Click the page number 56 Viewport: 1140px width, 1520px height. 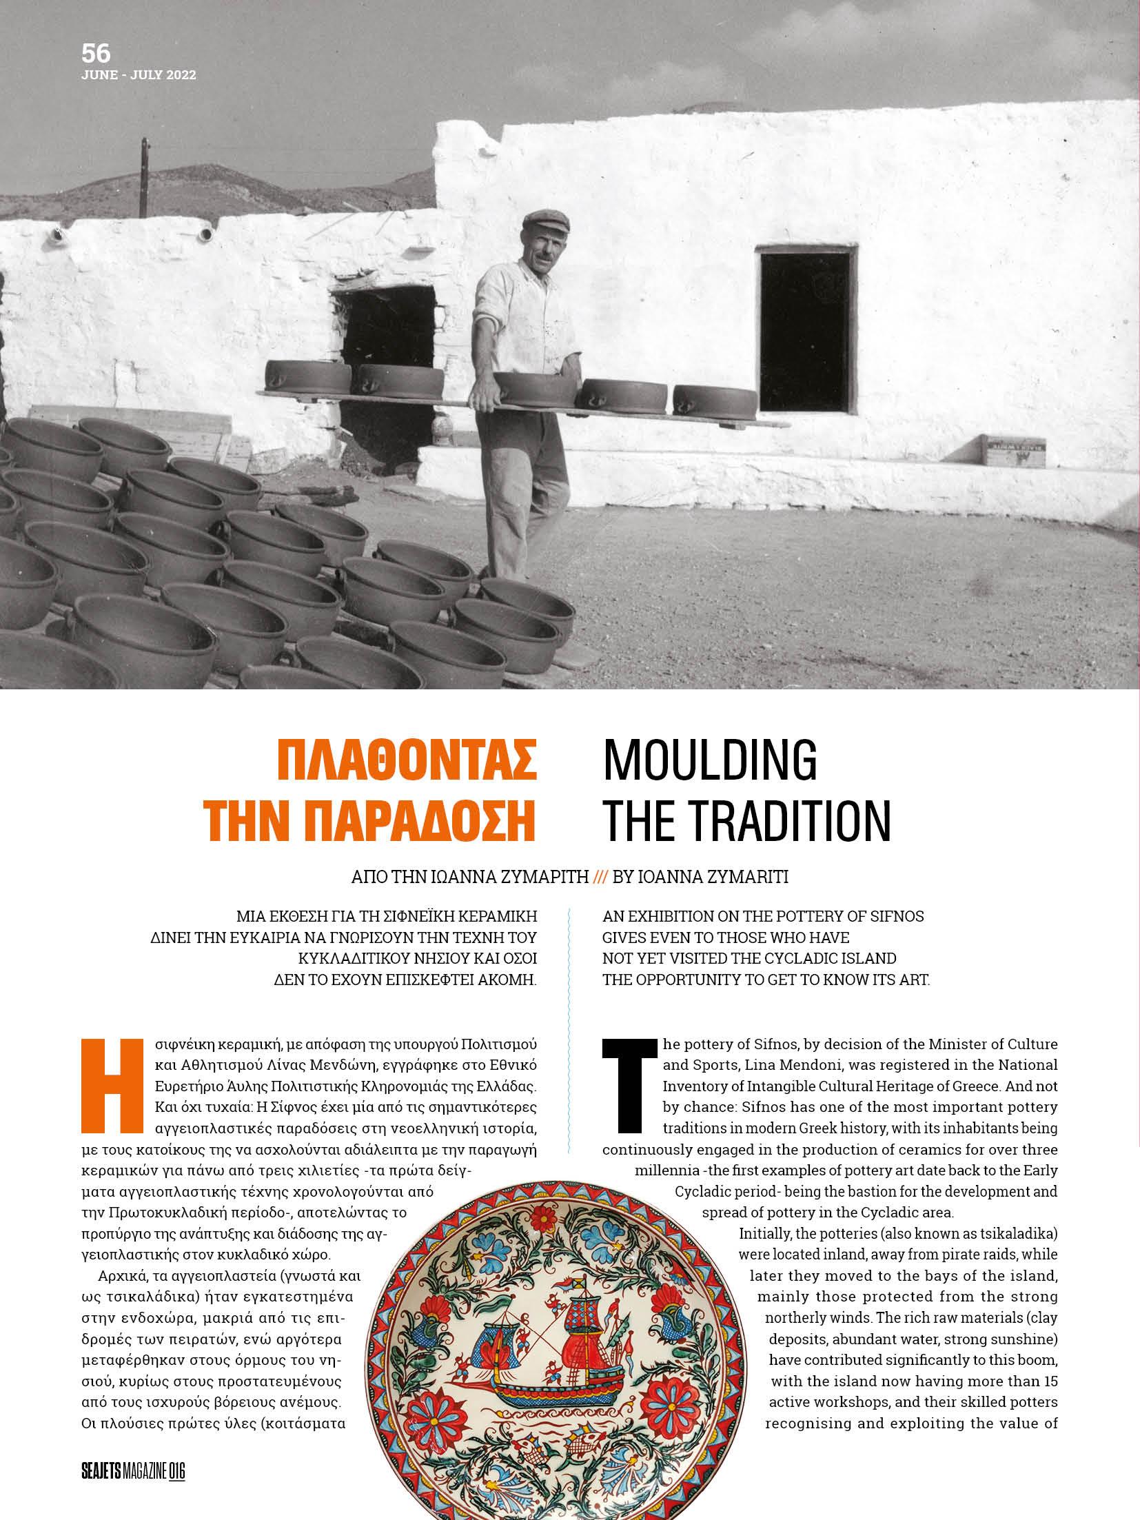click(x=96, y=54)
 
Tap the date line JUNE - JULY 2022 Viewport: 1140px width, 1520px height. click(x=139, y=75)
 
